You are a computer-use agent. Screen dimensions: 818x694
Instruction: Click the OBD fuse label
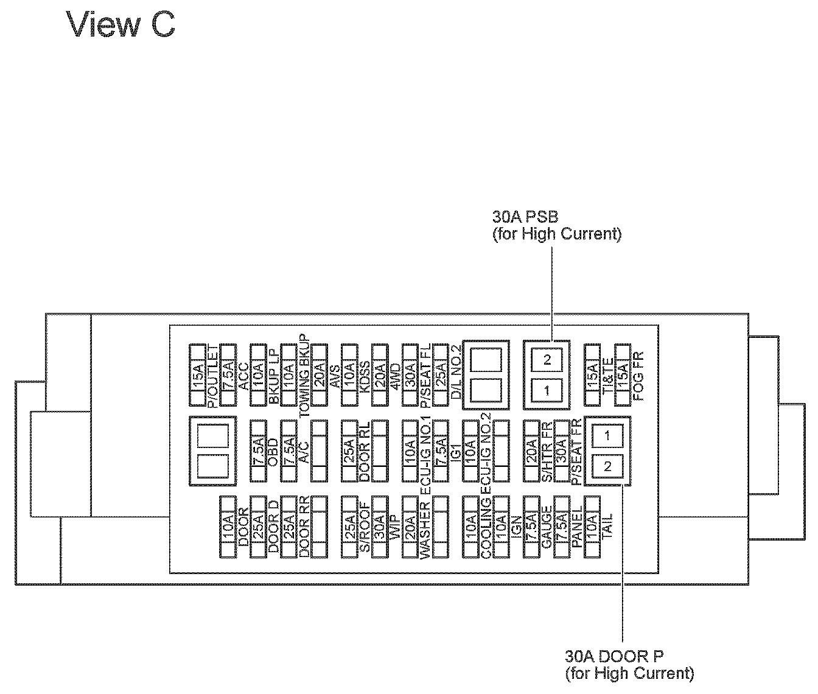[273, 452]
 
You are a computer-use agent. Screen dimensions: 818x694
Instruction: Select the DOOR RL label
[365, 452]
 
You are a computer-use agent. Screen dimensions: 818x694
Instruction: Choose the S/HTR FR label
[547, 452]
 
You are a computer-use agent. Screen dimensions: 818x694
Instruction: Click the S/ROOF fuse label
[365, 527]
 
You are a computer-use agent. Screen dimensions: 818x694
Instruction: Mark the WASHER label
[425, 527]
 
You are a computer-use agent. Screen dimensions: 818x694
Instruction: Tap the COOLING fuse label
[486, 527]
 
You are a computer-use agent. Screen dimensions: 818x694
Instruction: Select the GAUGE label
[547, 527]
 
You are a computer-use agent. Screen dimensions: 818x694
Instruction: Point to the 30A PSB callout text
[526, 216]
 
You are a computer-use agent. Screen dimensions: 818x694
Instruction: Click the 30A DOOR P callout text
[615, 656]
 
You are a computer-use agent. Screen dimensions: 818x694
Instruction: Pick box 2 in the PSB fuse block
[547, 360]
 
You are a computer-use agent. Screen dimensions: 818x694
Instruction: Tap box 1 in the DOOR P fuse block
[607, 435]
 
